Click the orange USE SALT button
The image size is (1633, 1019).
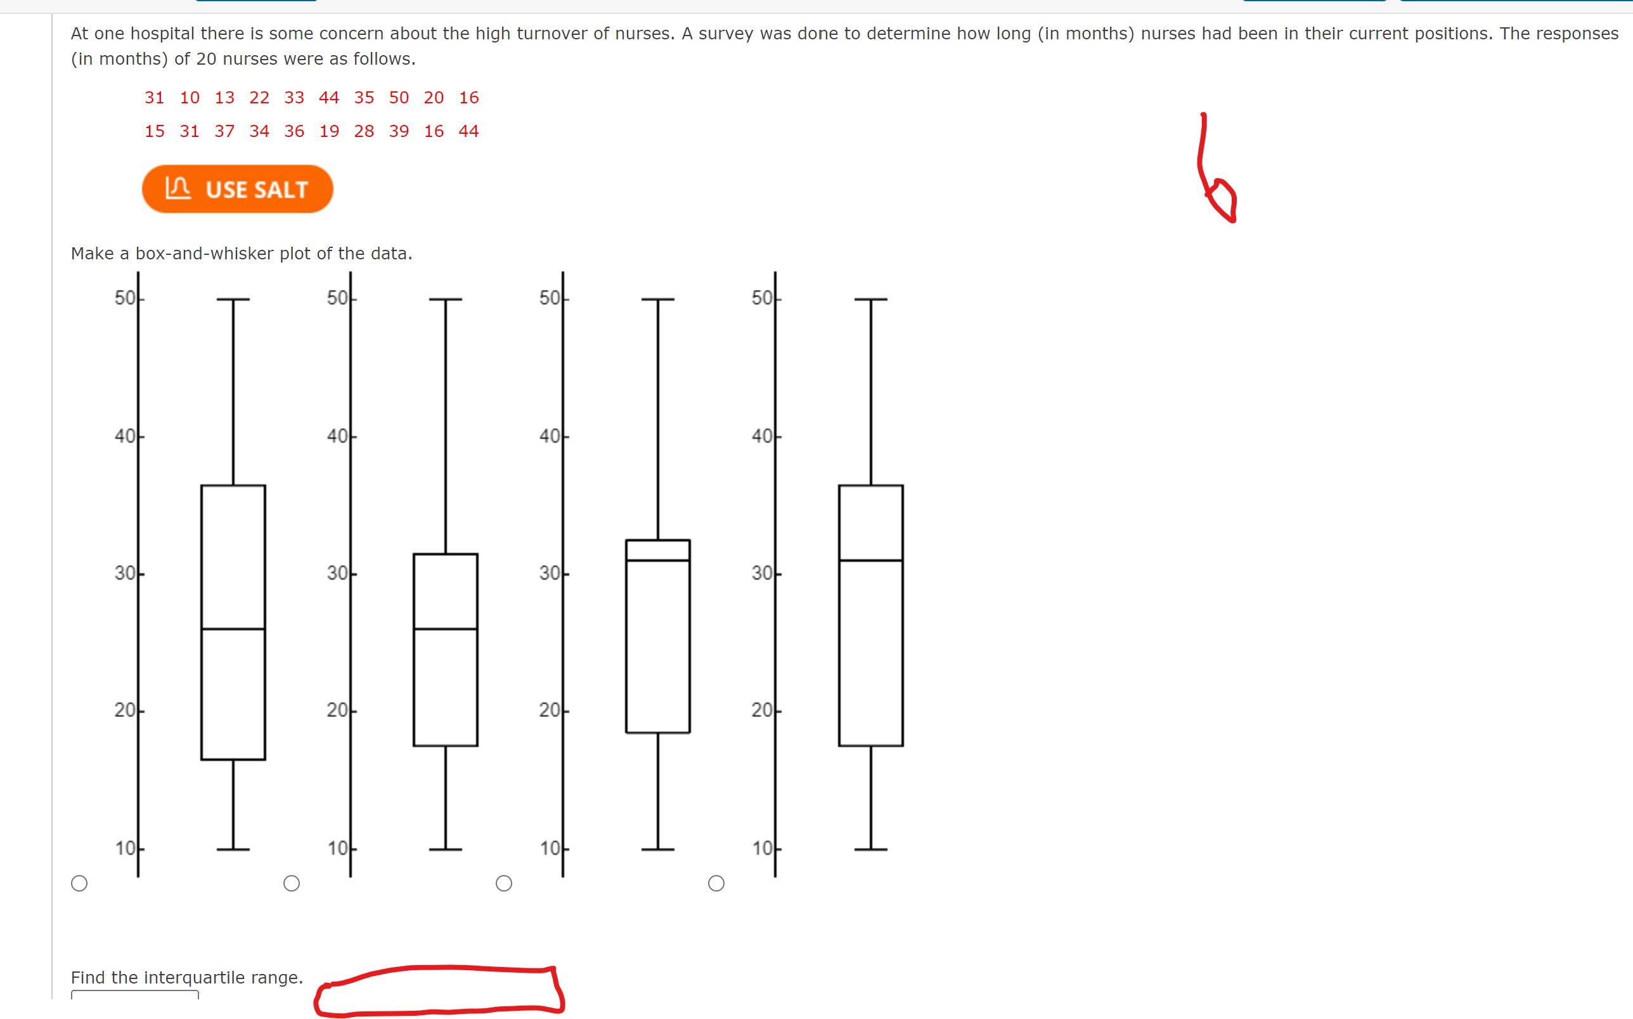237,190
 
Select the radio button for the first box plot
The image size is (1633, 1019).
79,883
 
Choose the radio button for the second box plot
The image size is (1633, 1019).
292,883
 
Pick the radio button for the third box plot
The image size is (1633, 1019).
504,883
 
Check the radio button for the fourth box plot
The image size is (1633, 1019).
716,883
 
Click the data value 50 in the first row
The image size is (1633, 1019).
399,98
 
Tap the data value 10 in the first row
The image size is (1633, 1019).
190,98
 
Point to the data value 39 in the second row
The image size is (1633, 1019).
399,131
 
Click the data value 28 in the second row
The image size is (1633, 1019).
364,131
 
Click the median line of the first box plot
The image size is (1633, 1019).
233,629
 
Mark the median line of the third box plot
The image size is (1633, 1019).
657,560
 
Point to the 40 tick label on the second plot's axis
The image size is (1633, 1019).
337,436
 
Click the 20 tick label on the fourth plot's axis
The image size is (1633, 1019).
762,710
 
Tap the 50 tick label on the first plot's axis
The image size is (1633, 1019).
125,298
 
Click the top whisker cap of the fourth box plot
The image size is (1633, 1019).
870,299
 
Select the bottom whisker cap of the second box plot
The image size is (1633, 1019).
445,849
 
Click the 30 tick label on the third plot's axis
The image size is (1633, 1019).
549,573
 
